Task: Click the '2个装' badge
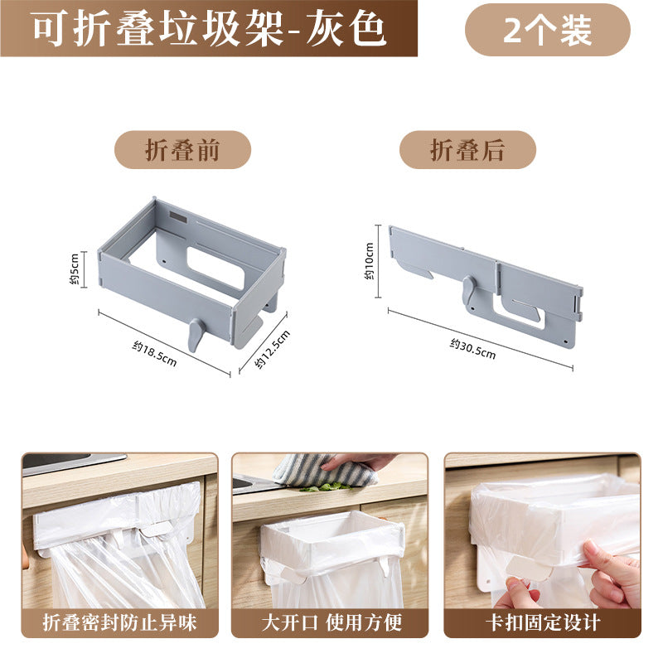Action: click(x=547, y=30)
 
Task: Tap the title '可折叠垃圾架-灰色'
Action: click(x=209, y=29)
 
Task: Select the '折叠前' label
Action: click(x=182, y=150)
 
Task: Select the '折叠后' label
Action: click(x=467, y=150)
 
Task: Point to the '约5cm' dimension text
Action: click(x=74, y=269)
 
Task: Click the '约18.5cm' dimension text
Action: click(x=154, y=354)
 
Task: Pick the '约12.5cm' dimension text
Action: click(x=273, y=349)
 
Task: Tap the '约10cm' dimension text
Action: click(x=369, y=261)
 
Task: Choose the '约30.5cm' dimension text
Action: click(x=472, y=349)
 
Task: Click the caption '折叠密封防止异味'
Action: click(x=119, y=622)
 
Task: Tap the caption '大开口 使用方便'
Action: click(x=331, y=622)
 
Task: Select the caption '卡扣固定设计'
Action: click(x=543, y=622)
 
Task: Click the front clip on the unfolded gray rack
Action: click(x=195, y=334)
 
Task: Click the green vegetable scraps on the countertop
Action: click(x=326, y=487)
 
